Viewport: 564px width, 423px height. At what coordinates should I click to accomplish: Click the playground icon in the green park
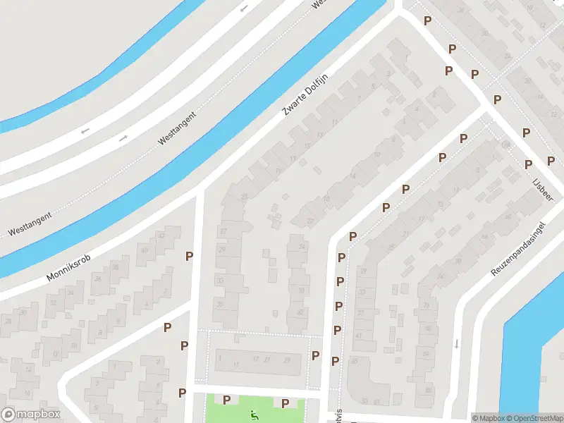(x=255, y=415)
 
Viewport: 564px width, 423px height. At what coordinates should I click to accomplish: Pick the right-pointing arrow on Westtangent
(x=123, y=137)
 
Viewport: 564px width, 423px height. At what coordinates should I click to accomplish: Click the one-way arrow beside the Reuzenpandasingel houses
(x=457, y=343)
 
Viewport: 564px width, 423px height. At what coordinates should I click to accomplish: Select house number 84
(x=426, y=352)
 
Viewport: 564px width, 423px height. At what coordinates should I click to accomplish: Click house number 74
(x=440, y=276)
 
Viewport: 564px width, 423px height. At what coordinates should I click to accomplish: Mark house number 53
(x=364, y=401)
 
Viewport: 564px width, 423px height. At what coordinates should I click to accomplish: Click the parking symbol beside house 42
(x=189, y=256)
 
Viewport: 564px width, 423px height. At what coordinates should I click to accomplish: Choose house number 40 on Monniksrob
(x=145, y=250)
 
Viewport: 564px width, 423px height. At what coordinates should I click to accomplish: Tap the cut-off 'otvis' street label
(x=339, y=414)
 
